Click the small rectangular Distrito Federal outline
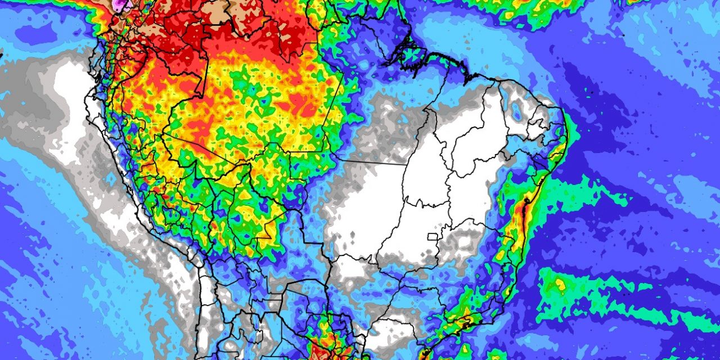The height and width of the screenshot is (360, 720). (x=433, y=236)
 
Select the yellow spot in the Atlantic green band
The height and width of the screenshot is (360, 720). (x=560, y=285)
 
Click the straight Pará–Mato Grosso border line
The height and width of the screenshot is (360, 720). (x=371, y=162)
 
